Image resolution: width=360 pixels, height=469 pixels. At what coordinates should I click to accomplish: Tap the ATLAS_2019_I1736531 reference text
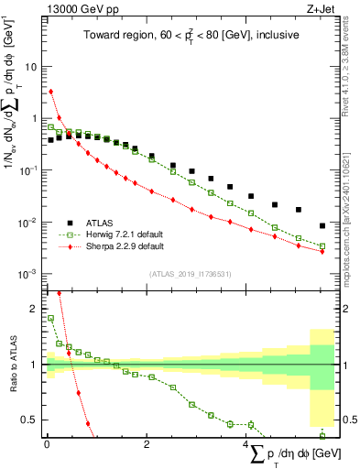[186, 274]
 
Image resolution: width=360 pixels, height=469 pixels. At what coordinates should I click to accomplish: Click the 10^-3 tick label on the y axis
[27, 275]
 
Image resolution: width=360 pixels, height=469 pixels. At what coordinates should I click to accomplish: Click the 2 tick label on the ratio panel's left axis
[34, 309]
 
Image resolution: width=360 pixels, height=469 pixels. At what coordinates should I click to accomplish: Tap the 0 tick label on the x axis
[46, 443]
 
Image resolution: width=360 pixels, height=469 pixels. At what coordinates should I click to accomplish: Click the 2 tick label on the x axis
[147, 443]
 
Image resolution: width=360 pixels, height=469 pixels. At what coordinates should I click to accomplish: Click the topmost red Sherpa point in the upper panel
[51, 92]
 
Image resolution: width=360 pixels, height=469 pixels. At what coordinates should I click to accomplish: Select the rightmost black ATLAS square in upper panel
[322, 225]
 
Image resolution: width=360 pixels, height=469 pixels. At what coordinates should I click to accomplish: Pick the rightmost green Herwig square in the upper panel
[322, 245]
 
